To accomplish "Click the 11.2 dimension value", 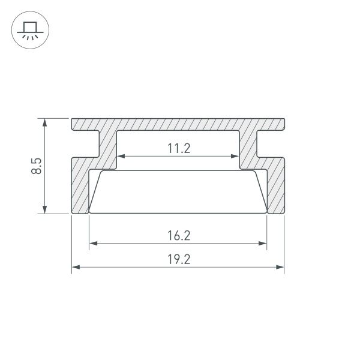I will click(x=178, y=148).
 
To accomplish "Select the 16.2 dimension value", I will click(x=178, y=235).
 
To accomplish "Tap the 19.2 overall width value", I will click(x=178, y=259).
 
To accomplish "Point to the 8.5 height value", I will click(x=37, y=166).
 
